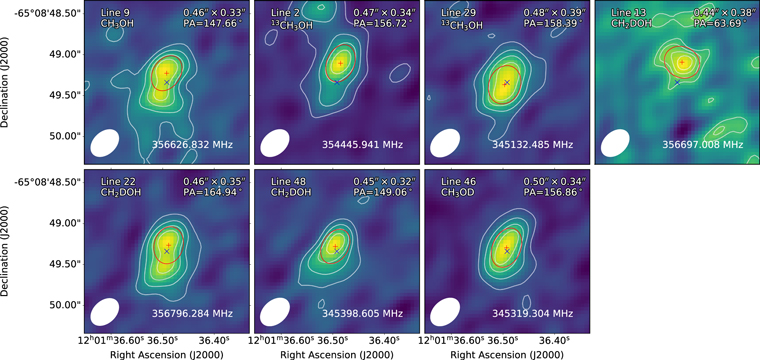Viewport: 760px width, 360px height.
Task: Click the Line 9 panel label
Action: (x=104, y=11)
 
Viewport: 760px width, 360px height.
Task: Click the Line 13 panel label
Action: (x=617, y=11)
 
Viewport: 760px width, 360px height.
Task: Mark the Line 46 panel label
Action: (x=447, y=181)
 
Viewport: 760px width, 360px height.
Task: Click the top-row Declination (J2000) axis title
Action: (x=8, y=85)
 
